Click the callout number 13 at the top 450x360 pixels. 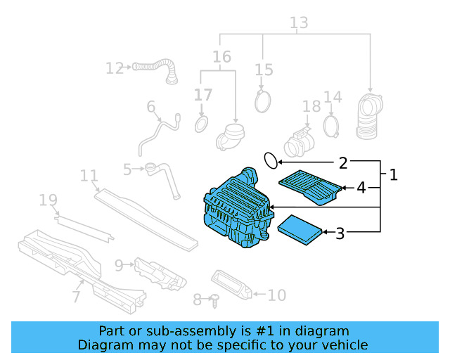click(299, 23)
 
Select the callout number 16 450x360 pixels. click(221, 57)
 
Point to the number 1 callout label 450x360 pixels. click(393, 174)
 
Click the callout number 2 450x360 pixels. click(342, 163)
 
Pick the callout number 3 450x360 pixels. click(340, 233)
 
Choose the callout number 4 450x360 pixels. click(361, 188)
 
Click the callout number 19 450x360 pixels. click(48, 201)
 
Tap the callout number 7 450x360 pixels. click(76, 297)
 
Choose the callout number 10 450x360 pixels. click(277, 295)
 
